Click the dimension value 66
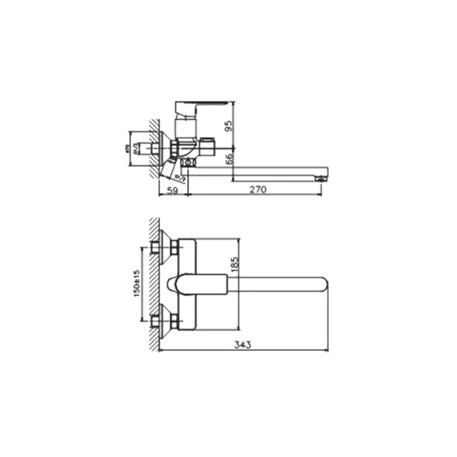[229, 159]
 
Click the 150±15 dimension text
[136, 283]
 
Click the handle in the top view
[194, 284]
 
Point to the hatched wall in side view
[154, 147]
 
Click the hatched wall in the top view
[153, 283]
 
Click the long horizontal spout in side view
[256, 170]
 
